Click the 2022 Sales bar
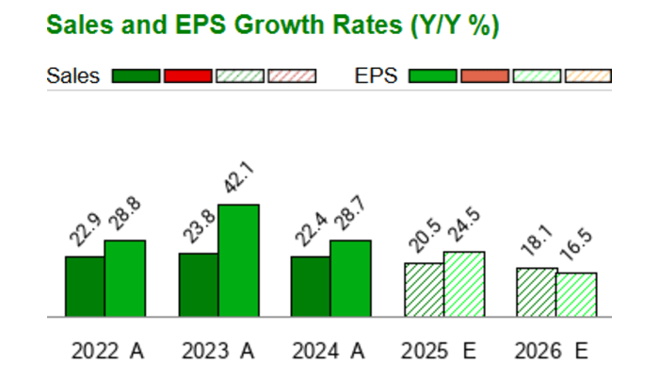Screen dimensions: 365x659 coord(85,286)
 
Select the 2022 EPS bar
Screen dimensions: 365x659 coord(125,278)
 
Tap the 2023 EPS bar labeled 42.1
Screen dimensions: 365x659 coord(238,260)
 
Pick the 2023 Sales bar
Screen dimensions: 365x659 coord(198,284)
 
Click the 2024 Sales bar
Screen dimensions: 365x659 coord(310,286)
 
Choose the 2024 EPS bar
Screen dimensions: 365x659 coord(350,278)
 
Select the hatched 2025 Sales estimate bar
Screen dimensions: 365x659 coord(424,290)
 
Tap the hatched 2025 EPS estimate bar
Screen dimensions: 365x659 coord(463,284)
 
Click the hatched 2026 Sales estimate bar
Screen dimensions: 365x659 coord(536,291)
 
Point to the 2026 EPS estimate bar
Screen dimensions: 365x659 coord(576,294)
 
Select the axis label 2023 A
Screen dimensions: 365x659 coord(219,351)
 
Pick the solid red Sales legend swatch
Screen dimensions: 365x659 coord(187,76)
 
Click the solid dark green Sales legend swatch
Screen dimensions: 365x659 coord(136,76)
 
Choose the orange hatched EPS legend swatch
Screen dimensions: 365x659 coord(587,76)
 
